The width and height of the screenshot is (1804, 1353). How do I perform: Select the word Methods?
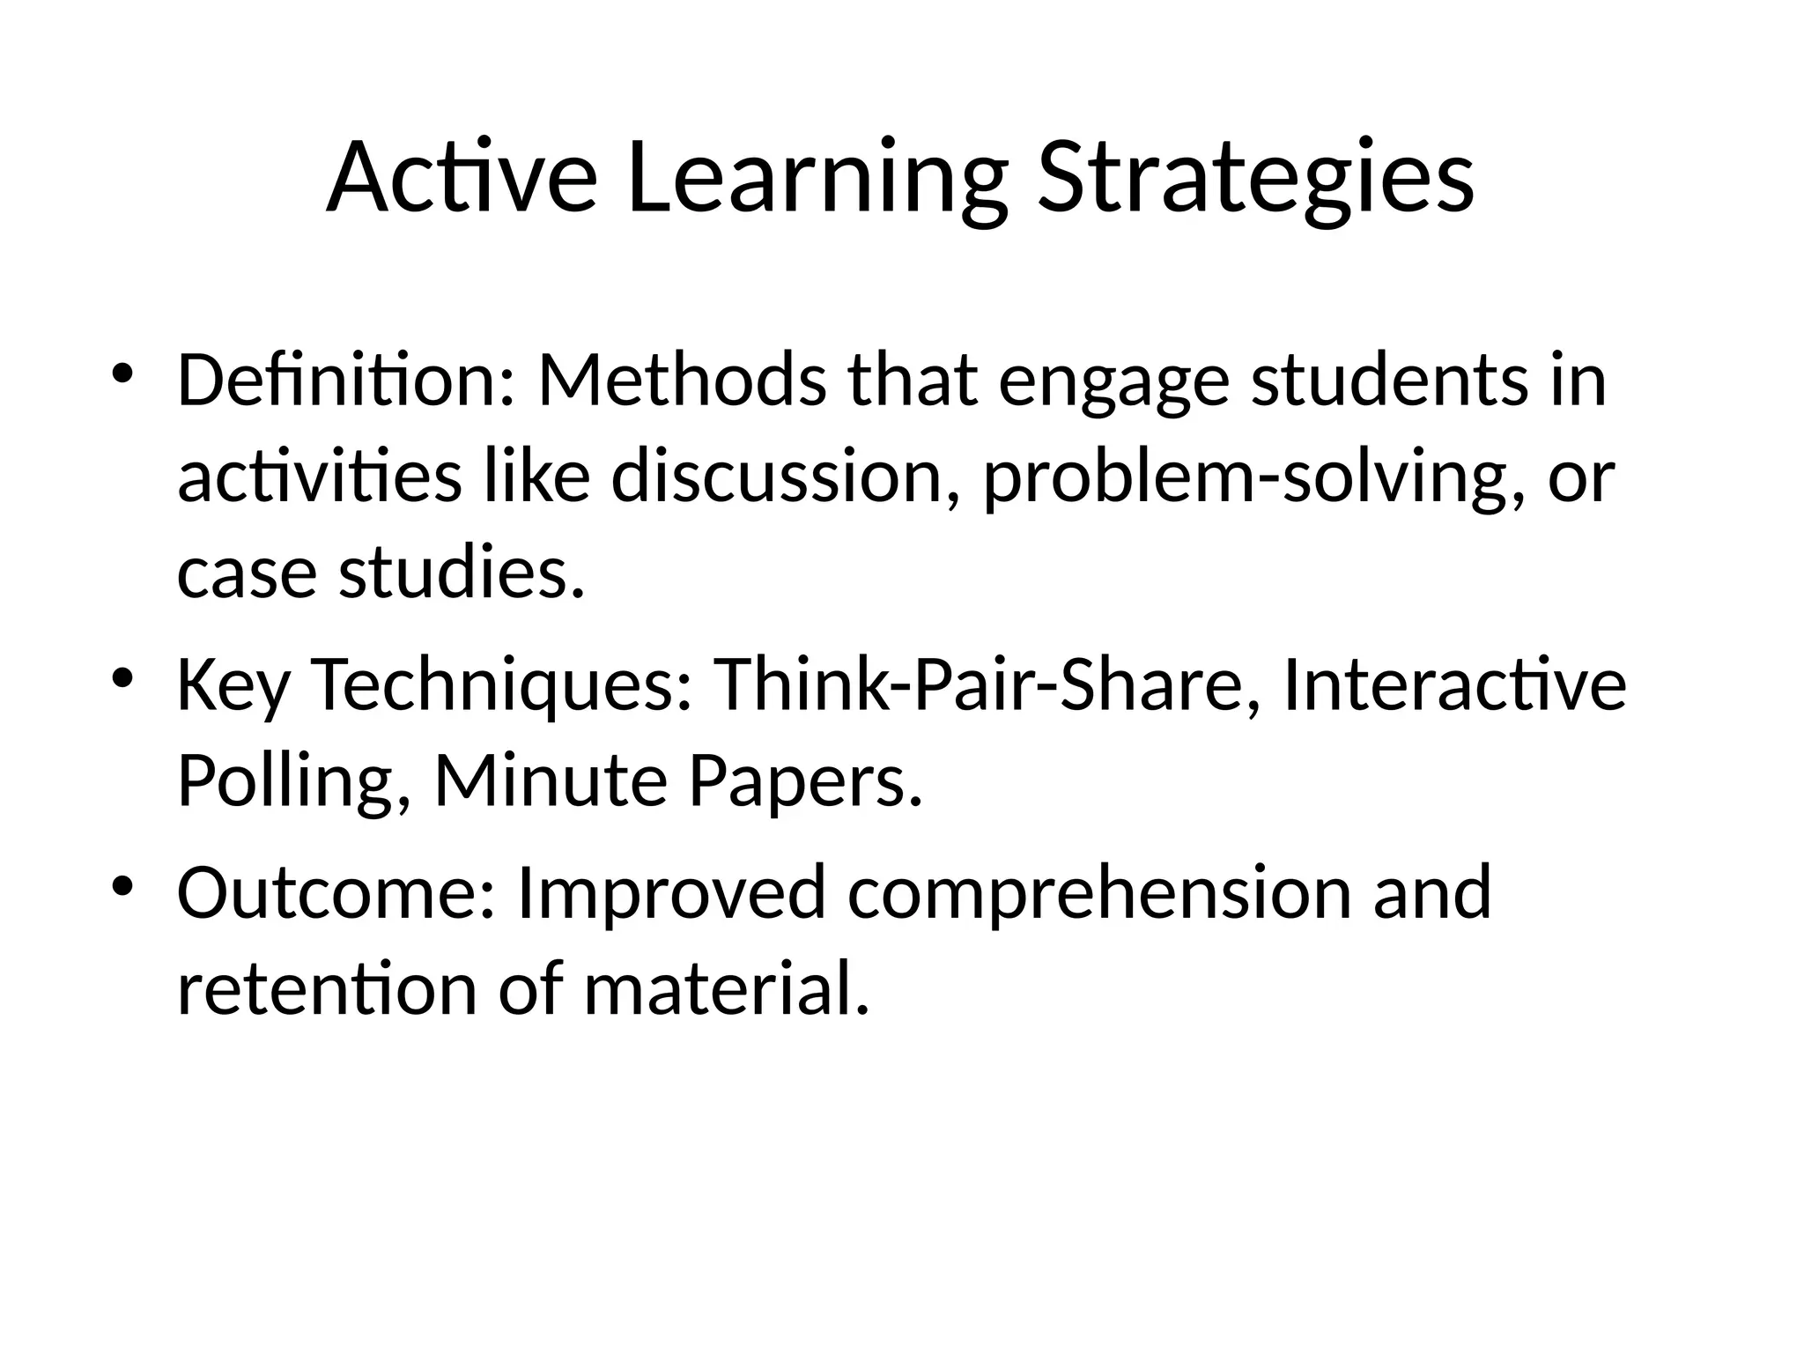tap(682, 381)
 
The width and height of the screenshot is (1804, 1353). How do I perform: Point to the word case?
tap(247, 574)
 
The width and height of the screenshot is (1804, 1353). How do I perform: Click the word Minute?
tap(551, 780)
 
